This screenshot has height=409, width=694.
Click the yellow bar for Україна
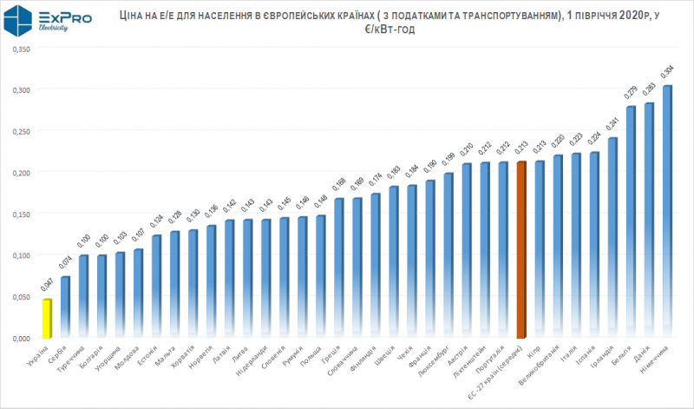point(48,318)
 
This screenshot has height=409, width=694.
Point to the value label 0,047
point(48,286)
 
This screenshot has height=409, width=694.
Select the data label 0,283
point(649,90)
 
